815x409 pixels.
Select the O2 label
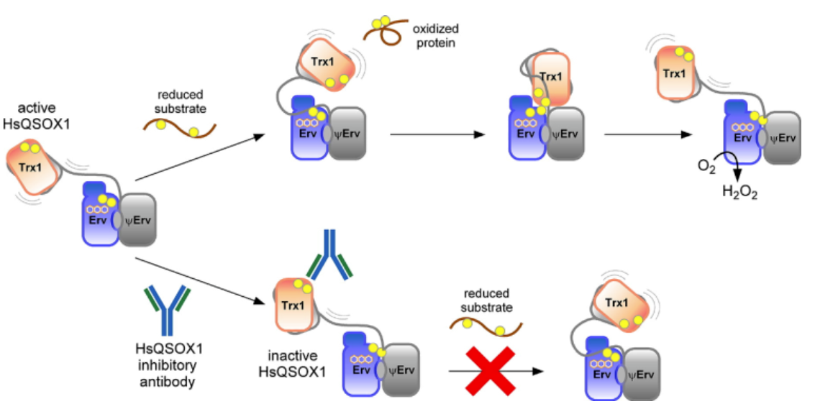[x=706, y=167]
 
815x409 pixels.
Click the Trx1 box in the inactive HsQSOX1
[x=291, y=304]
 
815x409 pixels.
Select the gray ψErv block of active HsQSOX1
[x=138, y=220]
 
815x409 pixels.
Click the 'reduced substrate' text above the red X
[x=487, y=300]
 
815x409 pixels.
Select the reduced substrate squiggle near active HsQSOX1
[x=179, y=129]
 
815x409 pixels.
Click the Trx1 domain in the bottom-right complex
[x=616, y=304]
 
